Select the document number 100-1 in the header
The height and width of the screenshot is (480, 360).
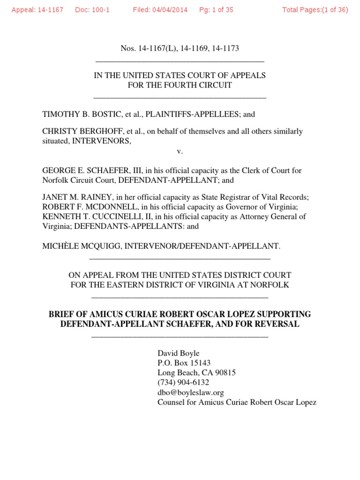click(100, 10)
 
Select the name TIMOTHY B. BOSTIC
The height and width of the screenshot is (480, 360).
click(78, 114)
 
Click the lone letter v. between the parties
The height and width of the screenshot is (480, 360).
click(180, 151)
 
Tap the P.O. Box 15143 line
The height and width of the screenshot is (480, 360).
click(184, 363)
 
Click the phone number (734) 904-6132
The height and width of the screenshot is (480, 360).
click(183, 382)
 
